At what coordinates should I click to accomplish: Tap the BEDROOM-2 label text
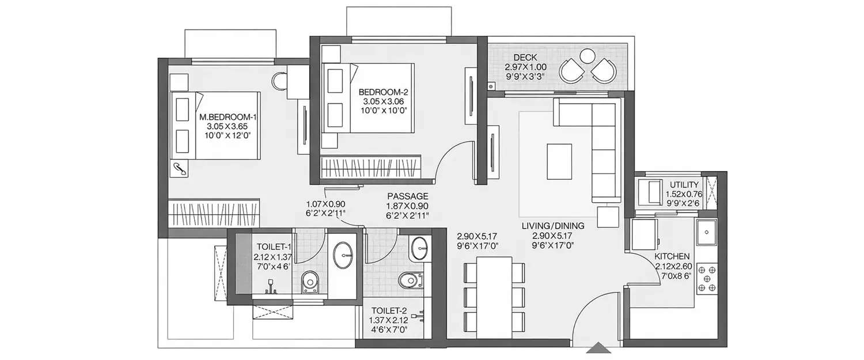pos(384,92)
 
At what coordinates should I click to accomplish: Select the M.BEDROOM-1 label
pos(228,117)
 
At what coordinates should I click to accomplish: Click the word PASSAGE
pos(407,196)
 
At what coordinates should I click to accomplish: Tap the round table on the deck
pos(587,56)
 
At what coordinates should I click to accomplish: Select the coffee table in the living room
pos(559,161)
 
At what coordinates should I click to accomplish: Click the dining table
pos(494,297)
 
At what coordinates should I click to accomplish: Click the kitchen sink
pos(706,233)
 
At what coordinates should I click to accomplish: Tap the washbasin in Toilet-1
pos(344,251)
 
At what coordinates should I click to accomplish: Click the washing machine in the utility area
pos(650,191)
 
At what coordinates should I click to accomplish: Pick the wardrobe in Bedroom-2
pos(371,167)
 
